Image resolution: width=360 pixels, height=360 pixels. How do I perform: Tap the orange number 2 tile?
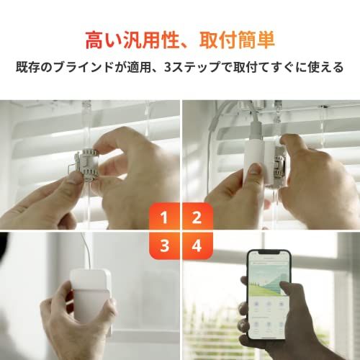click(x=196, y=217)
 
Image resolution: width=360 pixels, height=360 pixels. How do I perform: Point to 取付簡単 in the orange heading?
click(x=238, y=37)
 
